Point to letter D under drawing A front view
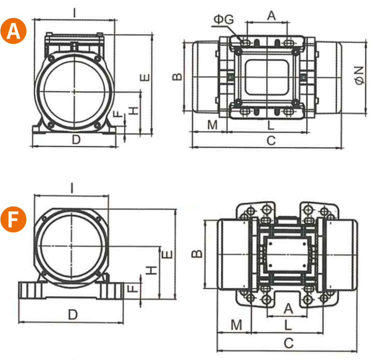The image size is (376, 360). [75, 140]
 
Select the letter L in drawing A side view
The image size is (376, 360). [271, 125]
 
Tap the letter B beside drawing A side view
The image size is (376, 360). [178, 76]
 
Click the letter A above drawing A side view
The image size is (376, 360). [271, 15]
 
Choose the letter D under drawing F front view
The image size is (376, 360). [72, 315]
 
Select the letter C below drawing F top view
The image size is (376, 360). [288, 344]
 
